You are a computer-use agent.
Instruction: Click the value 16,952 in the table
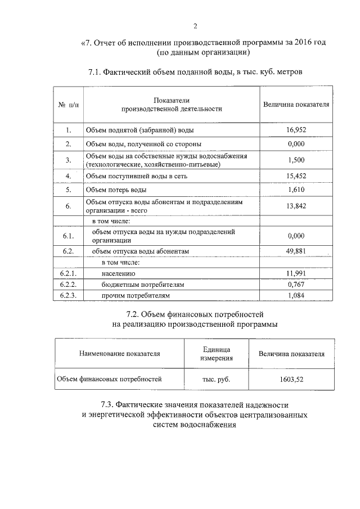(295, 130)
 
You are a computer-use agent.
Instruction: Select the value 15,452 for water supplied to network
(295, 176)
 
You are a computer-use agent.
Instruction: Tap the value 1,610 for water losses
(295, 190)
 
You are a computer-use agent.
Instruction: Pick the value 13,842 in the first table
(295, 206)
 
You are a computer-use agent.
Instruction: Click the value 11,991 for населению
(295, 273)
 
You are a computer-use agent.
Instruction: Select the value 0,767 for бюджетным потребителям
(295, 285)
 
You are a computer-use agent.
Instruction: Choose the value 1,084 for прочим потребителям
(295, 295)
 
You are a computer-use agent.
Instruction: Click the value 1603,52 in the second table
(291, 380)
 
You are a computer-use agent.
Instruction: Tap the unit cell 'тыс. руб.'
(216, 380)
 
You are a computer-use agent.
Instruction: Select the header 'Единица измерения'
(217, 354)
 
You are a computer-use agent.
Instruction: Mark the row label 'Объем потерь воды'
(115, 190)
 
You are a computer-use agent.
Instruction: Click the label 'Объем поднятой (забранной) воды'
(139, 130)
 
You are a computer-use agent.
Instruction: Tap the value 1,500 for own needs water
(295, 160)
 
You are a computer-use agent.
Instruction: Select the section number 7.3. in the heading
(110, 404)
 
